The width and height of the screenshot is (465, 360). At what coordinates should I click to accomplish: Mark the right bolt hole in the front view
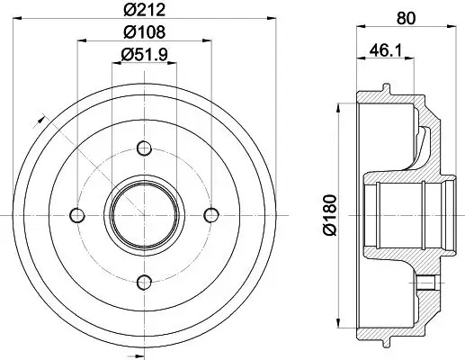click(212, 214)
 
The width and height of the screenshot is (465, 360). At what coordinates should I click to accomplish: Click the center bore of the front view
click(144, 214)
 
